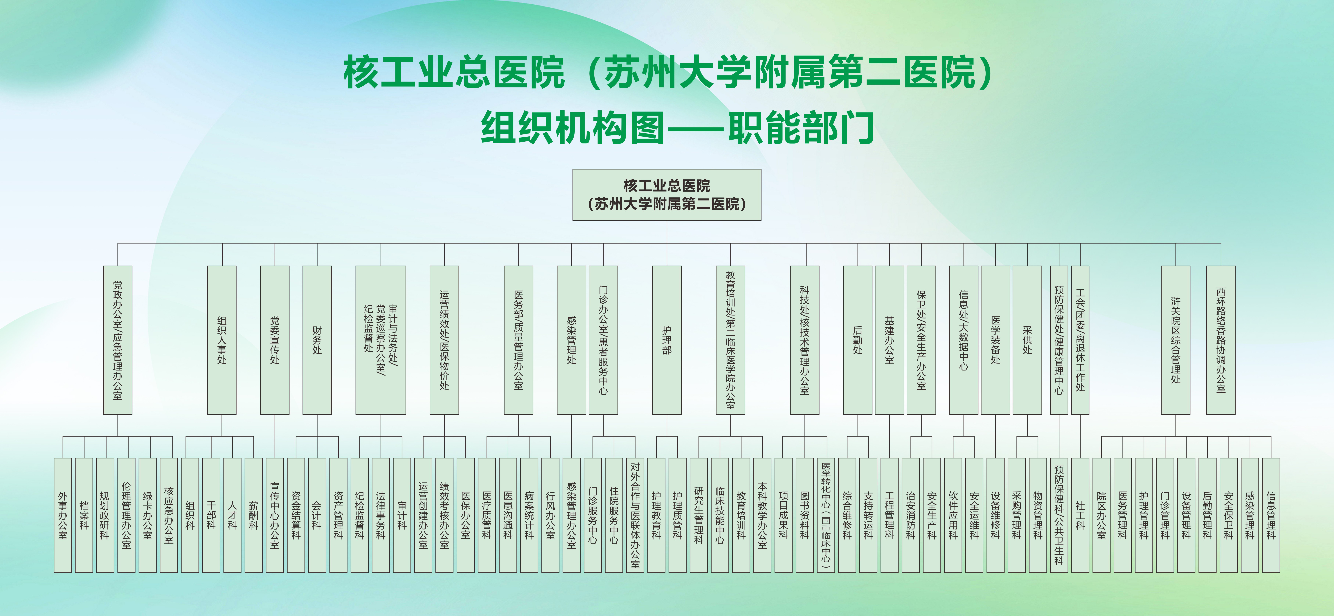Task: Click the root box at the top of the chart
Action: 667,195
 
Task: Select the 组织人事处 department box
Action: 222,340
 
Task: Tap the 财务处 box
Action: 317,340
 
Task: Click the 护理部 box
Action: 667,340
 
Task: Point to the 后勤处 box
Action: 858,340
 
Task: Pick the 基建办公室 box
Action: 889,340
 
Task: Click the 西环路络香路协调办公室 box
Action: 1221,340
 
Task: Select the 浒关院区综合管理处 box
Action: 1175,340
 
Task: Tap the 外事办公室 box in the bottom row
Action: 63,515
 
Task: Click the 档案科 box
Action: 84,515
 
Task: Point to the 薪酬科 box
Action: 253,515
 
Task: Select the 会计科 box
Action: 317,515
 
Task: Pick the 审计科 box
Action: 402,515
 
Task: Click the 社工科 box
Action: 1080,515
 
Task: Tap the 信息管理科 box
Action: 1271,515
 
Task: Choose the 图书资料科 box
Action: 804,515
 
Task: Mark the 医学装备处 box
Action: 995,340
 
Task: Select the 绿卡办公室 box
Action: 148,515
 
